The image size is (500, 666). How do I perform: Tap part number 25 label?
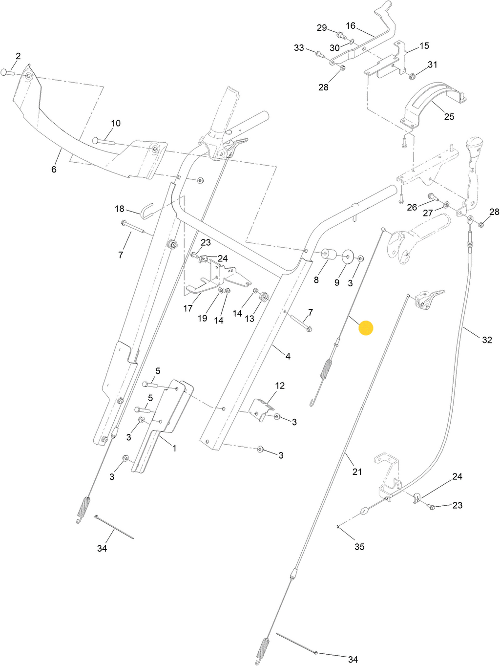click(x=449, y=116)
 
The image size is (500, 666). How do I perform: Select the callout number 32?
click(x=487, y=340)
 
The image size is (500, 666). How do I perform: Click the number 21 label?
click(x=357, y=472)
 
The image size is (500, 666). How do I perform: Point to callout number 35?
click(x=359, y=547)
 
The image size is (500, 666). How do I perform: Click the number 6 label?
click(x=54, y=169)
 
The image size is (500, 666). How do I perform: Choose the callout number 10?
click(x=115, y=123)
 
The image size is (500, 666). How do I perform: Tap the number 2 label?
click(x=18, y=56)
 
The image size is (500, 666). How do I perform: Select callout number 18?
click(x=120, y=209)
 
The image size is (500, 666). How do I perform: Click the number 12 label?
click(x=280, y=386)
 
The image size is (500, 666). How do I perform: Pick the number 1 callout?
click(x=174, y=448)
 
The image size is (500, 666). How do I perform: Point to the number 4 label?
click(x=288, y=356)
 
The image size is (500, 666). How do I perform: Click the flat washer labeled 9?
click(x=348, y=256)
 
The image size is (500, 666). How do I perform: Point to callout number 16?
click(x=351, y=25)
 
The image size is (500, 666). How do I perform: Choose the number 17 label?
click(x=188, y=308)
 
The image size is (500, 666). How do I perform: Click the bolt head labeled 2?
click(x=5, y=73)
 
